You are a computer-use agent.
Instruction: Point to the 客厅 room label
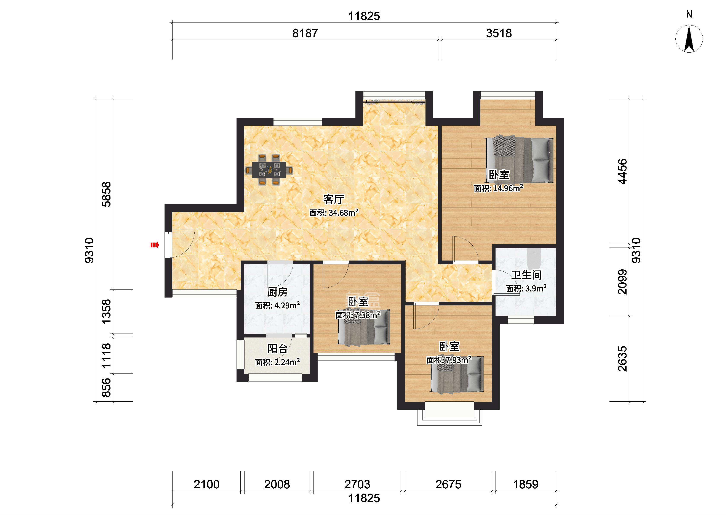pyautogui.click(x=334, y=199)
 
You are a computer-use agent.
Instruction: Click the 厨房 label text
pyautogui.click(x=277, y=292)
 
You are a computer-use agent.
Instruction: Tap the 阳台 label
pyautogui.click(x=277, y=349)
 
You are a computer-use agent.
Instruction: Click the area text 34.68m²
pyautogui.click(x=343, y=212)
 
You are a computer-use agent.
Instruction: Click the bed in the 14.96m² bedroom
pyautogui.click(x=520, y=160)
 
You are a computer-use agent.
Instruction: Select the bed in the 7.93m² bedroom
pyautogui.click(x=457, y=374)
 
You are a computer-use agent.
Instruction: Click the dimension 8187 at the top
pyautogui.click(x=305, y=33)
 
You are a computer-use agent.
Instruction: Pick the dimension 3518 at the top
pyautogui.click(x=499, y=33)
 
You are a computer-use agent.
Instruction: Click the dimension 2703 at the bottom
pyautogui.click(x=357, y=484)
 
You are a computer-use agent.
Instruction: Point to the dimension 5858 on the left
pyautogui.click(x=107, y=194)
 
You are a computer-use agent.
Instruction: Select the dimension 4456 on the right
pyautogui.click(x=622, y=171)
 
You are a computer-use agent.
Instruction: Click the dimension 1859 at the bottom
pyautogui.click(x=526, y=484)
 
